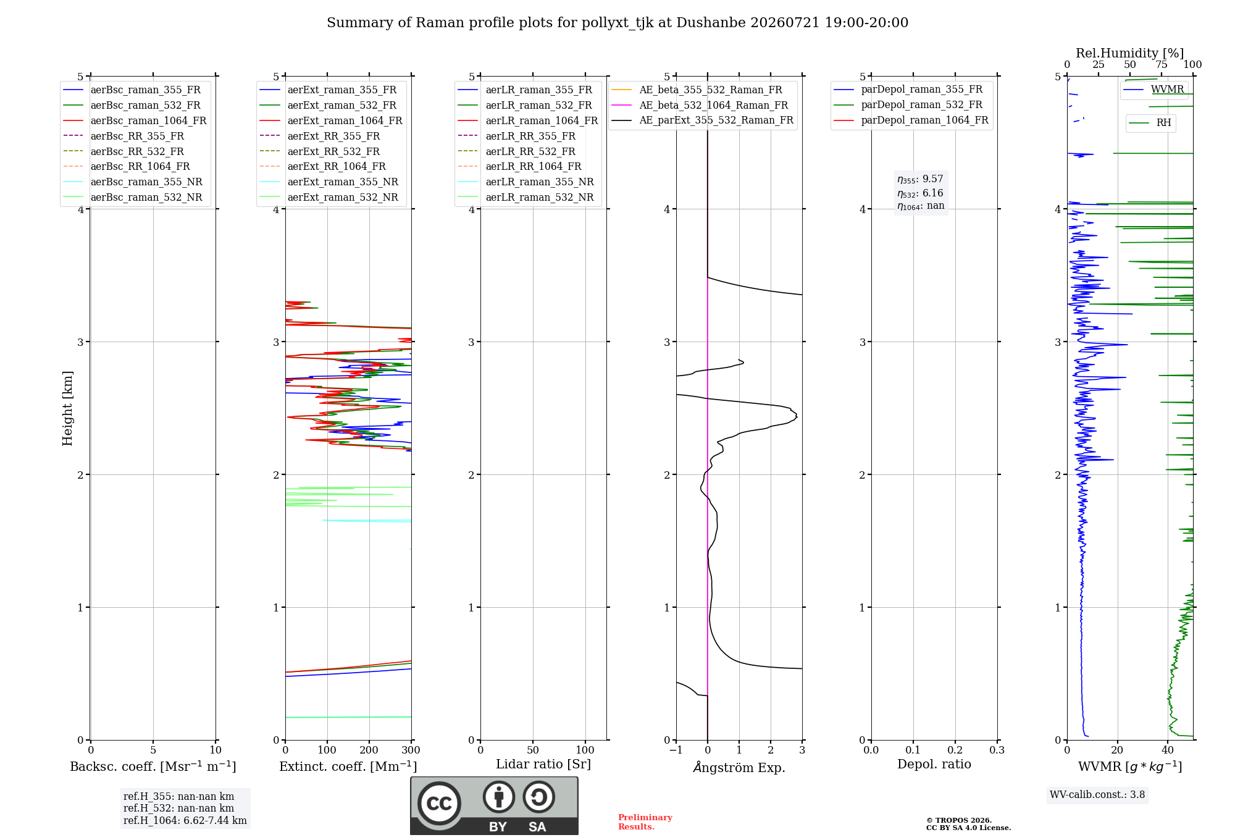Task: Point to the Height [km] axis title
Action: tap(67, 408)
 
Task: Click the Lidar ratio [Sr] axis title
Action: tap(543, 764)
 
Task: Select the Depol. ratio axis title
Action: tap(934, 764)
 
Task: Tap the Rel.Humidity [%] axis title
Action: tap(1130, 53)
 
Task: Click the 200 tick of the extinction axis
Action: tap(369, 750)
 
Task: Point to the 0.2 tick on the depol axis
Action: tap(955, 750)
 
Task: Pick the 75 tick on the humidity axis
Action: tap(1162, 64)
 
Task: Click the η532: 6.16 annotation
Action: tap(920, 193)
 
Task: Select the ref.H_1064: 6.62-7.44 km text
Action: tap(185, 820)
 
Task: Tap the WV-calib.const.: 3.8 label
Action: tap(1097, 794)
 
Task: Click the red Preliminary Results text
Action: tap(645, 822)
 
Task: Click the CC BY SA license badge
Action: tap(494, 806)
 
